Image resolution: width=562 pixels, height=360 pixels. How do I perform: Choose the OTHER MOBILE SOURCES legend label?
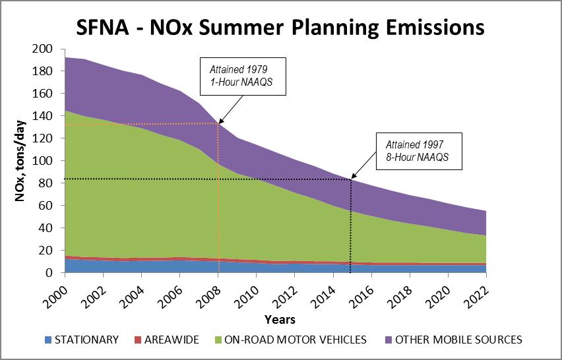[456, 340]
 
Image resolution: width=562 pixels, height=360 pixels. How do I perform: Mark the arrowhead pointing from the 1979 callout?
[220, 122]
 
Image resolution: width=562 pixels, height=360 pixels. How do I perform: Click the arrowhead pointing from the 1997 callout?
[353, 178]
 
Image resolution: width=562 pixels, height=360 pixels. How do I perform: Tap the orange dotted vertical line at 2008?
[218, 198]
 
